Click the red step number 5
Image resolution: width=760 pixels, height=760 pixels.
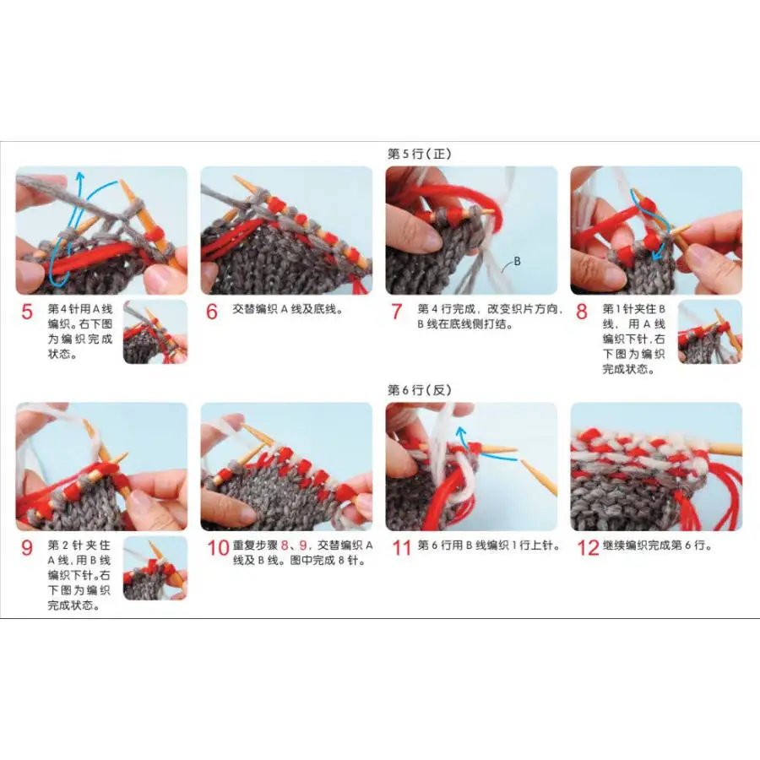click(27, 312)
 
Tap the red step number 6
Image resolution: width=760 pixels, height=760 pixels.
click(212, 312)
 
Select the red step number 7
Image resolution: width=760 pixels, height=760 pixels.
click(397, 312)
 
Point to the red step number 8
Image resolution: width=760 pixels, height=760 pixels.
click(582, 312)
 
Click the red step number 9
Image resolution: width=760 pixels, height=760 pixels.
click(27, 547)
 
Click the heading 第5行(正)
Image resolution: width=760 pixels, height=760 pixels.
click(420, 154)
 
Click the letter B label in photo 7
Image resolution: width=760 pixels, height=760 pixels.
click(517, 262)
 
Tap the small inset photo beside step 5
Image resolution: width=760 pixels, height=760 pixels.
click(155, 332)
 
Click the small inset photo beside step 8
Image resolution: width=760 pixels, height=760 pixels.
click(709, 332)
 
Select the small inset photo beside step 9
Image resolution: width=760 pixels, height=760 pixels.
click(155, 567)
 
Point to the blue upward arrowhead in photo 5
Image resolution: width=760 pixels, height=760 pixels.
click(80, 176)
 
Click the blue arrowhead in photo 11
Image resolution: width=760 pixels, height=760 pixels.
click(460, 432)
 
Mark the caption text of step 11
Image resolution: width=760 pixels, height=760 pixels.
click(488, 546)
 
